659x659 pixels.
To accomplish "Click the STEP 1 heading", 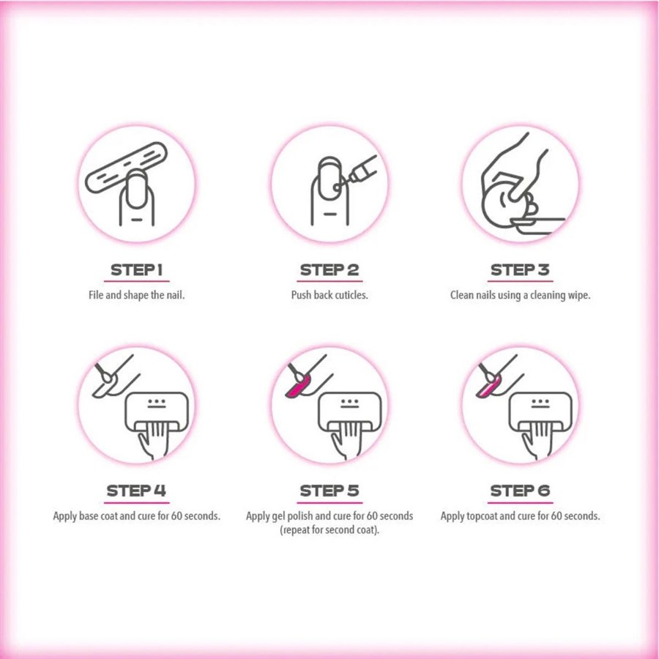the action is click(137, 269).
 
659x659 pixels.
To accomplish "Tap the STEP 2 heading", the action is click(329, 269).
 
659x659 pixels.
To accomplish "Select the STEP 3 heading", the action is click(520, 269).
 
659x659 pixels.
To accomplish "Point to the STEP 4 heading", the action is click(136, 491).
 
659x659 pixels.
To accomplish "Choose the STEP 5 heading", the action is click(329, 491).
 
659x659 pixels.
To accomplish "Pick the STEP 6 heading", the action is click(520, 491).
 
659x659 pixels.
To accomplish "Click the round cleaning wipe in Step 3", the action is click(498, 203).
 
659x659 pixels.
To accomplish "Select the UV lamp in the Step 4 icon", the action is click(157, 412).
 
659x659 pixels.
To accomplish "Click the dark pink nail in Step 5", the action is click(297, 387).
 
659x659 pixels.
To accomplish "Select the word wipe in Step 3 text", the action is click(579, 296).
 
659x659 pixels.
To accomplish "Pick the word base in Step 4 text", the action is click(89, 515).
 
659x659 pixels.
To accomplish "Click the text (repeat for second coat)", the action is click(329, 529).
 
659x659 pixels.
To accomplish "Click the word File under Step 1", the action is click(96, 295).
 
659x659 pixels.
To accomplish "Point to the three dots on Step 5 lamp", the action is click(350, 401).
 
